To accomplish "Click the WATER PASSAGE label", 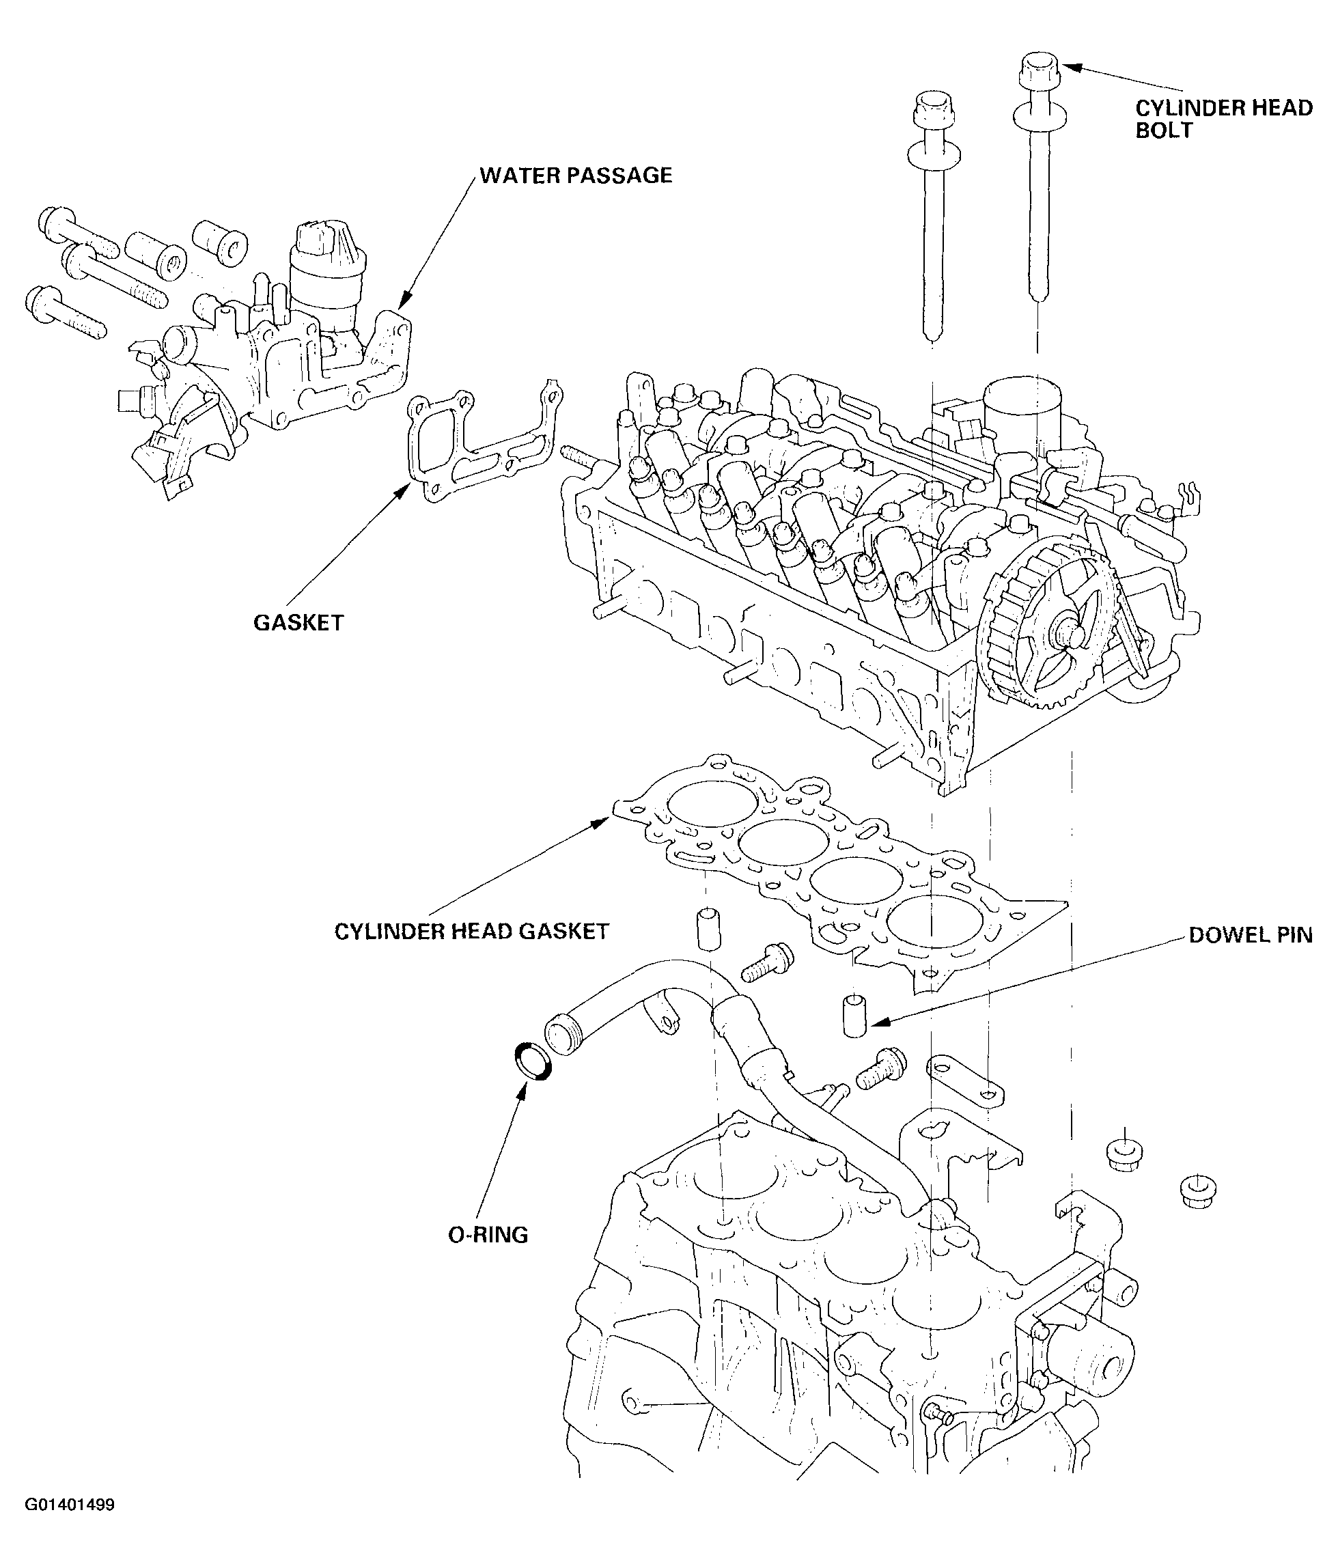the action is click(x=576, y=176).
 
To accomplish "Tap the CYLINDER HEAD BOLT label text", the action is click(x=1224, y=119).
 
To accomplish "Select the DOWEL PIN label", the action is click(x=1251, y=936).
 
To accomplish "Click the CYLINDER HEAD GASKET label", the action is click(x=472, y=932).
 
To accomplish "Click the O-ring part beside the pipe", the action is click(x=533, y=1062).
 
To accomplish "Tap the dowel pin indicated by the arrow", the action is click(x=854, y=1016).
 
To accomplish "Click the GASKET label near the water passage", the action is click(x=298, y=623).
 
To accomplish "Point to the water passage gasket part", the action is click(x=482, y=445).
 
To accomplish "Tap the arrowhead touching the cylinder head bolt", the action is click(x=1072, y=68).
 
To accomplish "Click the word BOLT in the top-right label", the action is click(x=1165, y=130).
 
